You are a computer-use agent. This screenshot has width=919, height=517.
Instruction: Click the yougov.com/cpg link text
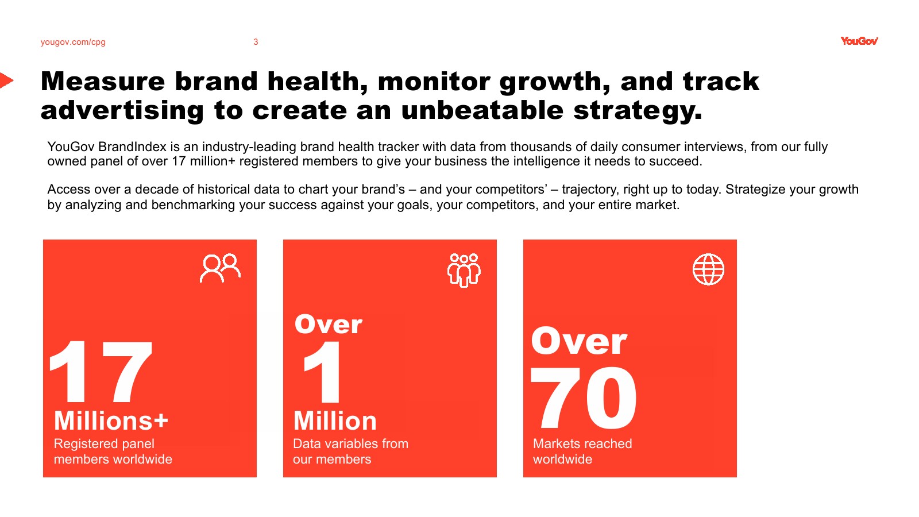point(73,42)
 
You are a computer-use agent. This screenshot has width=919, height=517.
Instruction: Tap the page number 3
point(256,42)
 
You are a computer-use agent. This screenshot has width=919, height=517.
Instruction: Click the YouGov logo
point(859,41)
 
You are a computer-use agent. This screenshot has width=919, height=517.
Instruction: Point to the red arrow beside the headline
point(6,80)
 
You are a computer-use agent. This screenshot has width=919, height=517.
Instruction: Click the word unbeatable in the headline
point(482,110)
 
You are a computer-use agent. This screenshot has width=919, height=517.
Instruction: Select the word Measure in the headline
point(103,81)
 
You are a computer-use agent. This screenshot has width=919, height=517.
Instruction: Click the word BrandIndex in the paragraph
point(132,146)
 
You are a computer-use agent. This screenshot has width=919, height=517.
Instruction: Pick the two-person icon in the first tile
point(221,268)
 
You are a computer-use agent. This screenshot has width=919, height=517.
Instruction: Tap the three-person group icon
point(464,270)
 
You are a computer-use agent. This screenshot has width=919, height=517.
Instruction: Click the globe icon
point(709,269)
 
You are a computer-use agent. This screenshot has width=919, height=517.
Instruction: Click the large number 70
point(584,397)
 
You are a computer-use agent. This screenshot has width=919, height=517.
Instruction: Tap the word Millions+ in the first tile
point(111,420)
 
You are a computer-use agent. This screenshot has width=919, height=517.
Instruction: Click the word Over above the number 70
point(579,341)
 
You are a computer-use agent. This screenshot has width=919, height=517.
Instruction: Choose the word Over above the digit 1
point(328,324)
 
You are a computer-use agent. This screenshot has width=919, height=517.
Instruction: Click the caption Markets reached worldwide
point(582,452)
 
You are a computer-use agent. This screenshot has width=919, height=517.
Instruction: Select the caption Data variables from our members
point(350,452)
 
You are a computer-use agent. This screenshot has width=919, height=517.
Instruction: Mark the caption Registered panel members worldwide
point(113,452)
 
